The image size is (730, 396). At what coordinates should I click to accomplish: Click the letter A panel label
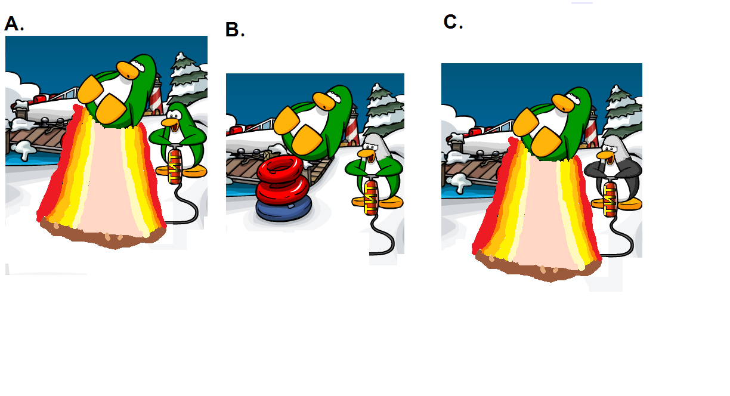tap(14, 24)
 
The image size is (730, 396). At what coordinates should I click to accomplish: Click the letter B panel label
tap(234, 30)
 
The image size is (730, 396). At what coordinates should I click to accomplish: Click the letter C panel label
tap(453, 22)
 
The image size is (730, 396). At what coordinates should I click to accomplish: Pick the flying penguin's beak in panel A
tap(128, 70)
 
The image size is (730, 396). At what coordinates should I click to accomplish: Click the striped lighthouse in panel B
tap(352, 126)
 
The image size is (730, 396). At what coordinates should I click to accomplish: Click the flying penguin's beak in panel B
tap(324, 101)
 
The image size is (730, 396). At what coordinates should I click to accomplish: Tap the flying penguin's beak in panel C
tap(563, 103)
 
